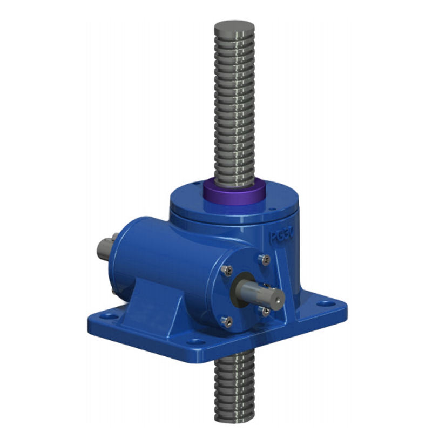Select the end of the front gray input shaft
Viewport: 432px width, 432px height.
[x=276, y=295]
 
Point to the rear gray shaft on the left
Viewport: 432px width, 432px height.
[x=105, y=248]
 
